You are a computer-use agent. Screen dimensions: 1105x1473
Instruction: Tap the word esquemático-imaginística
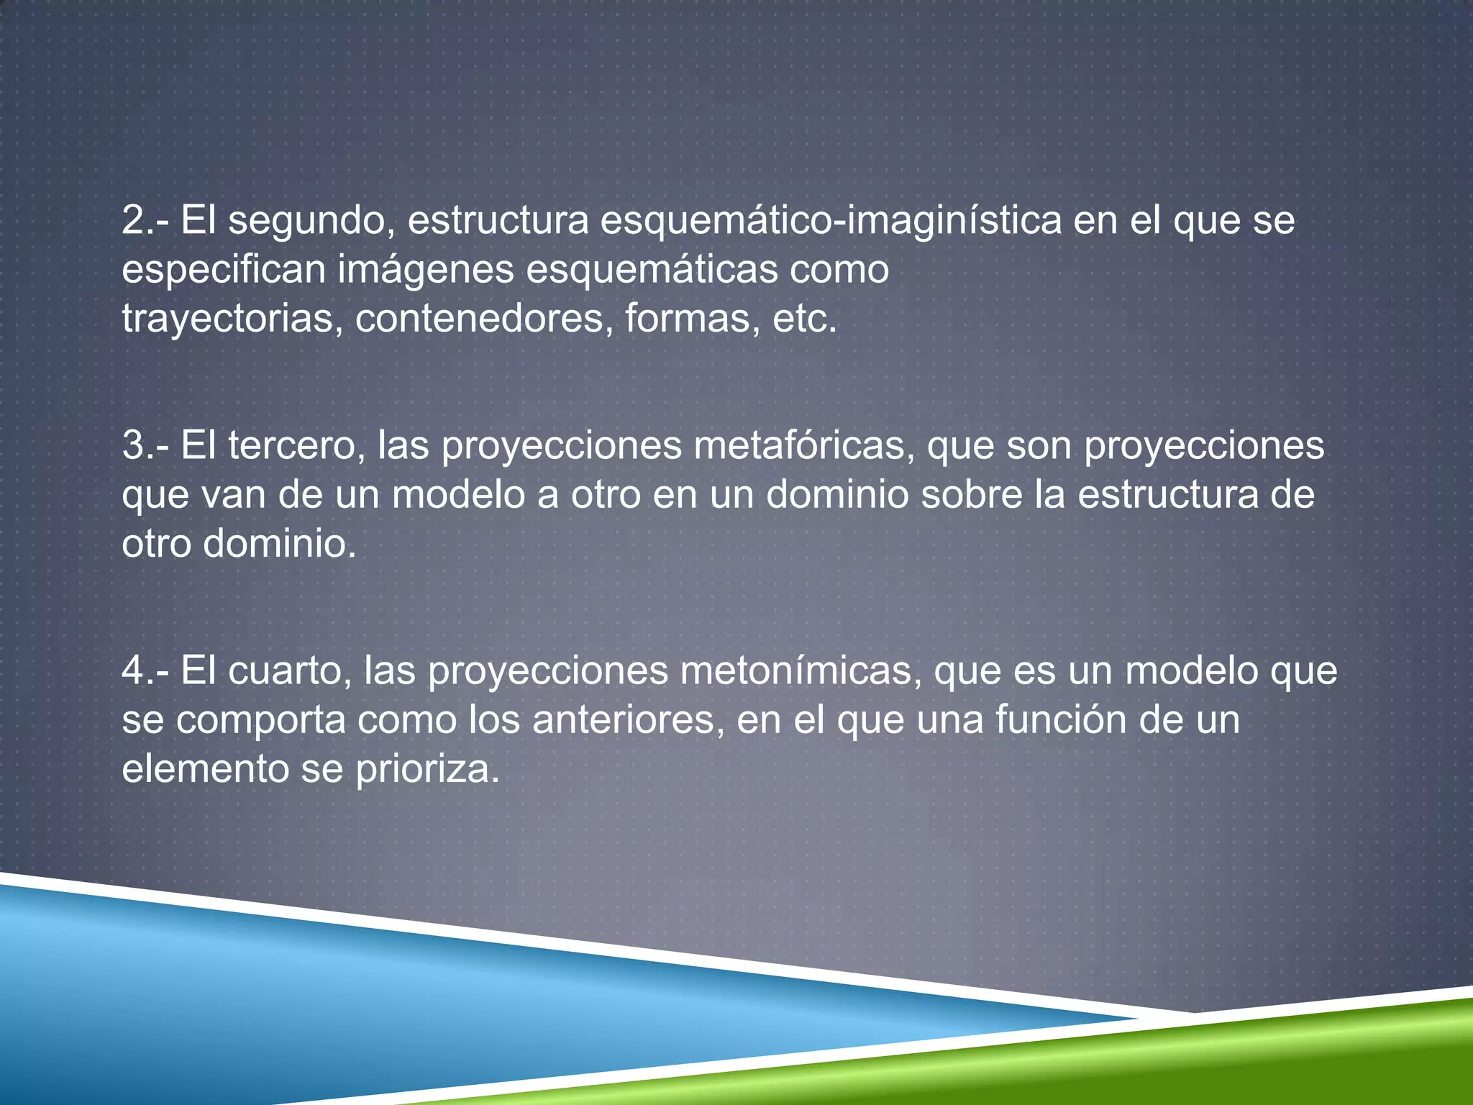tap(831, 221)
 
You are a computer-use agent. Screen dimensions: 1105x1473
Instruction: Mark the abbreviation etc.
tap(804, 319)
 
